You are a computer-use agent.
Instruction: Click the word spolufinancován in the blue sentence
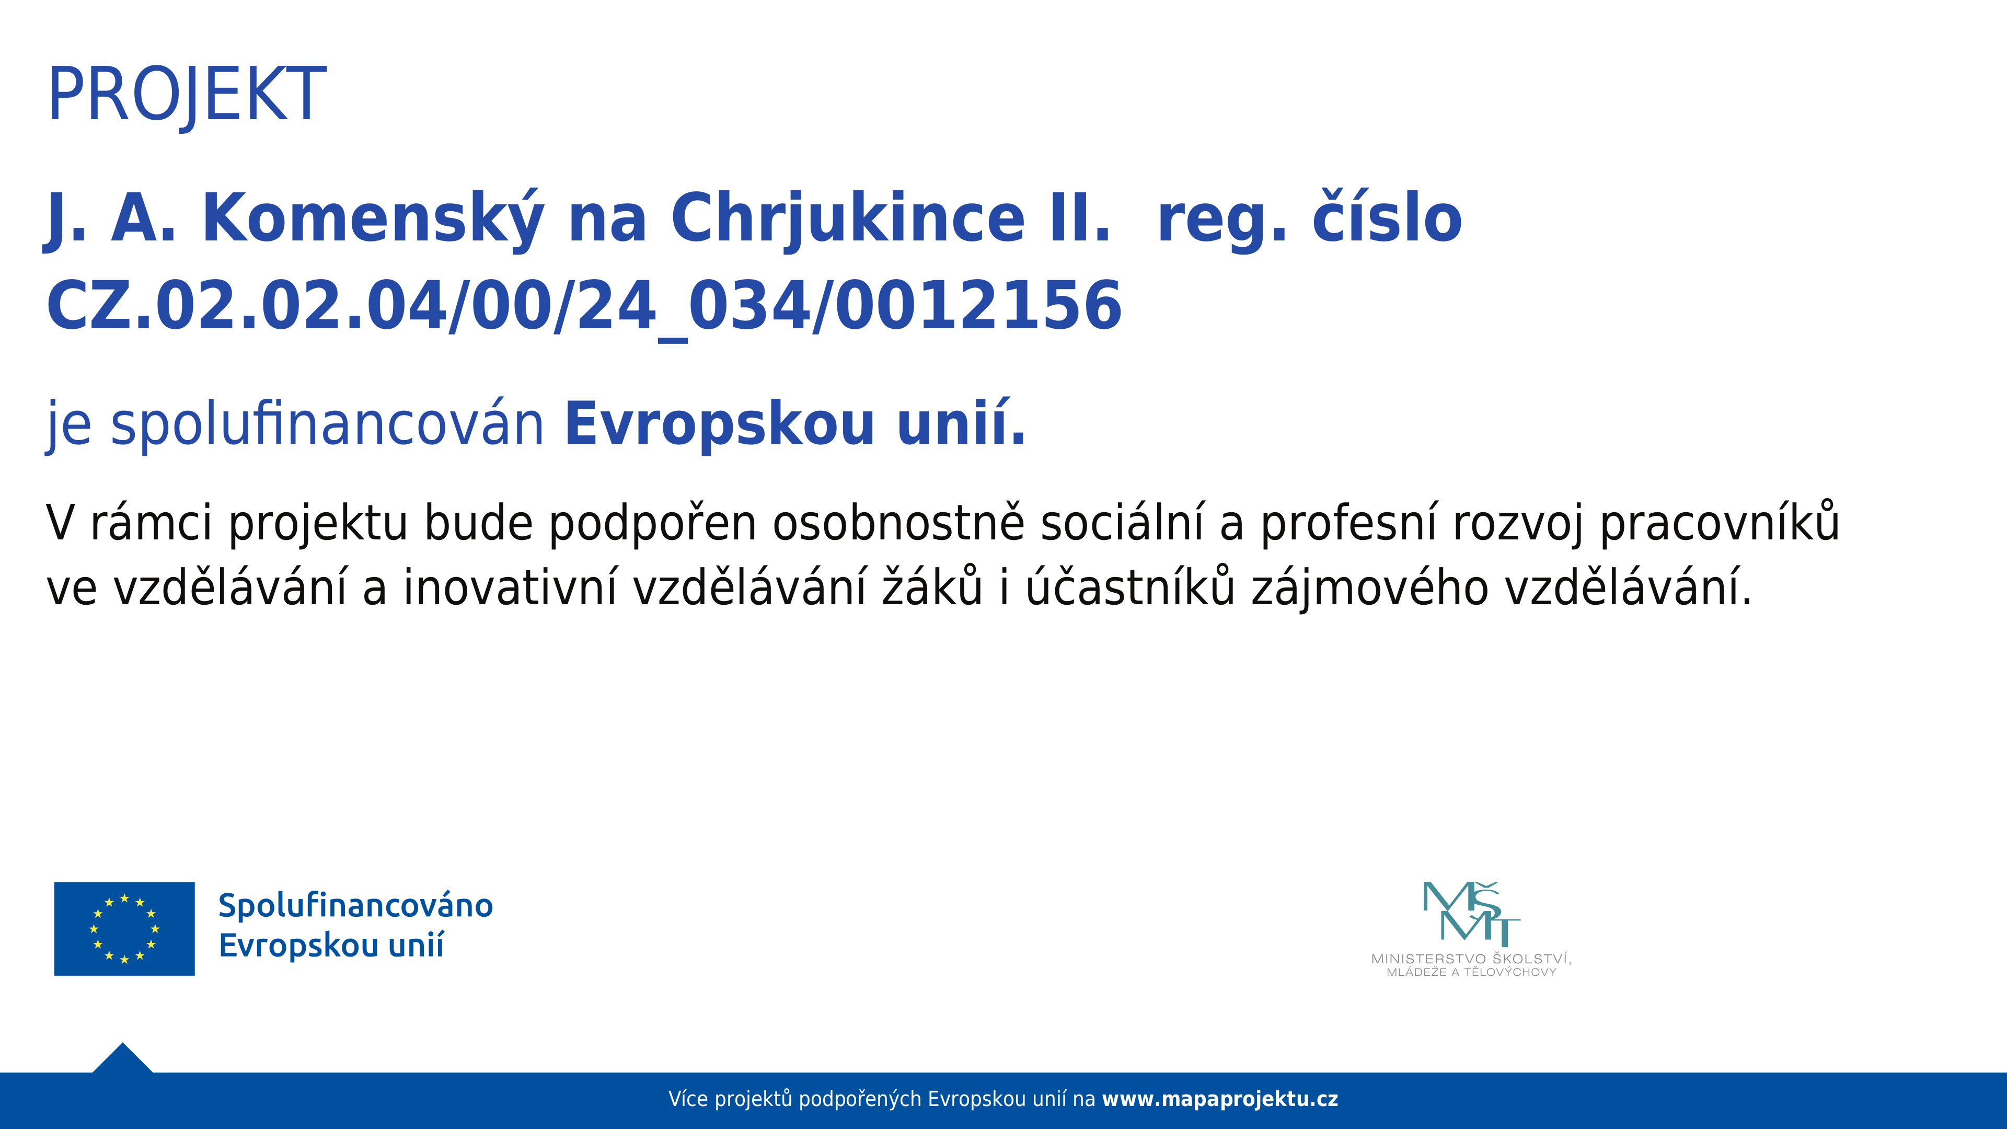(x=327, y=424)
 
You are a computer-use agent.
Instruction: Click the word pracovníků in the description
(x=1720, y=523)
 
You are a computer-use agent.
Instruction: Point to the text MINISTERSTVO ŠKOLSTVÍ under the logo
(x=1471, y=959)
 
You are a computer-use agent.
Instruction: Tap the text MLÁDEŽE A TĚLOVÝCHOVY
(x=1471, y=972)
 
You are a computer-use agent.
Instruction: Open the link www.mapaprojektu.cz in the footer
(x=1220, y=1099)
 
